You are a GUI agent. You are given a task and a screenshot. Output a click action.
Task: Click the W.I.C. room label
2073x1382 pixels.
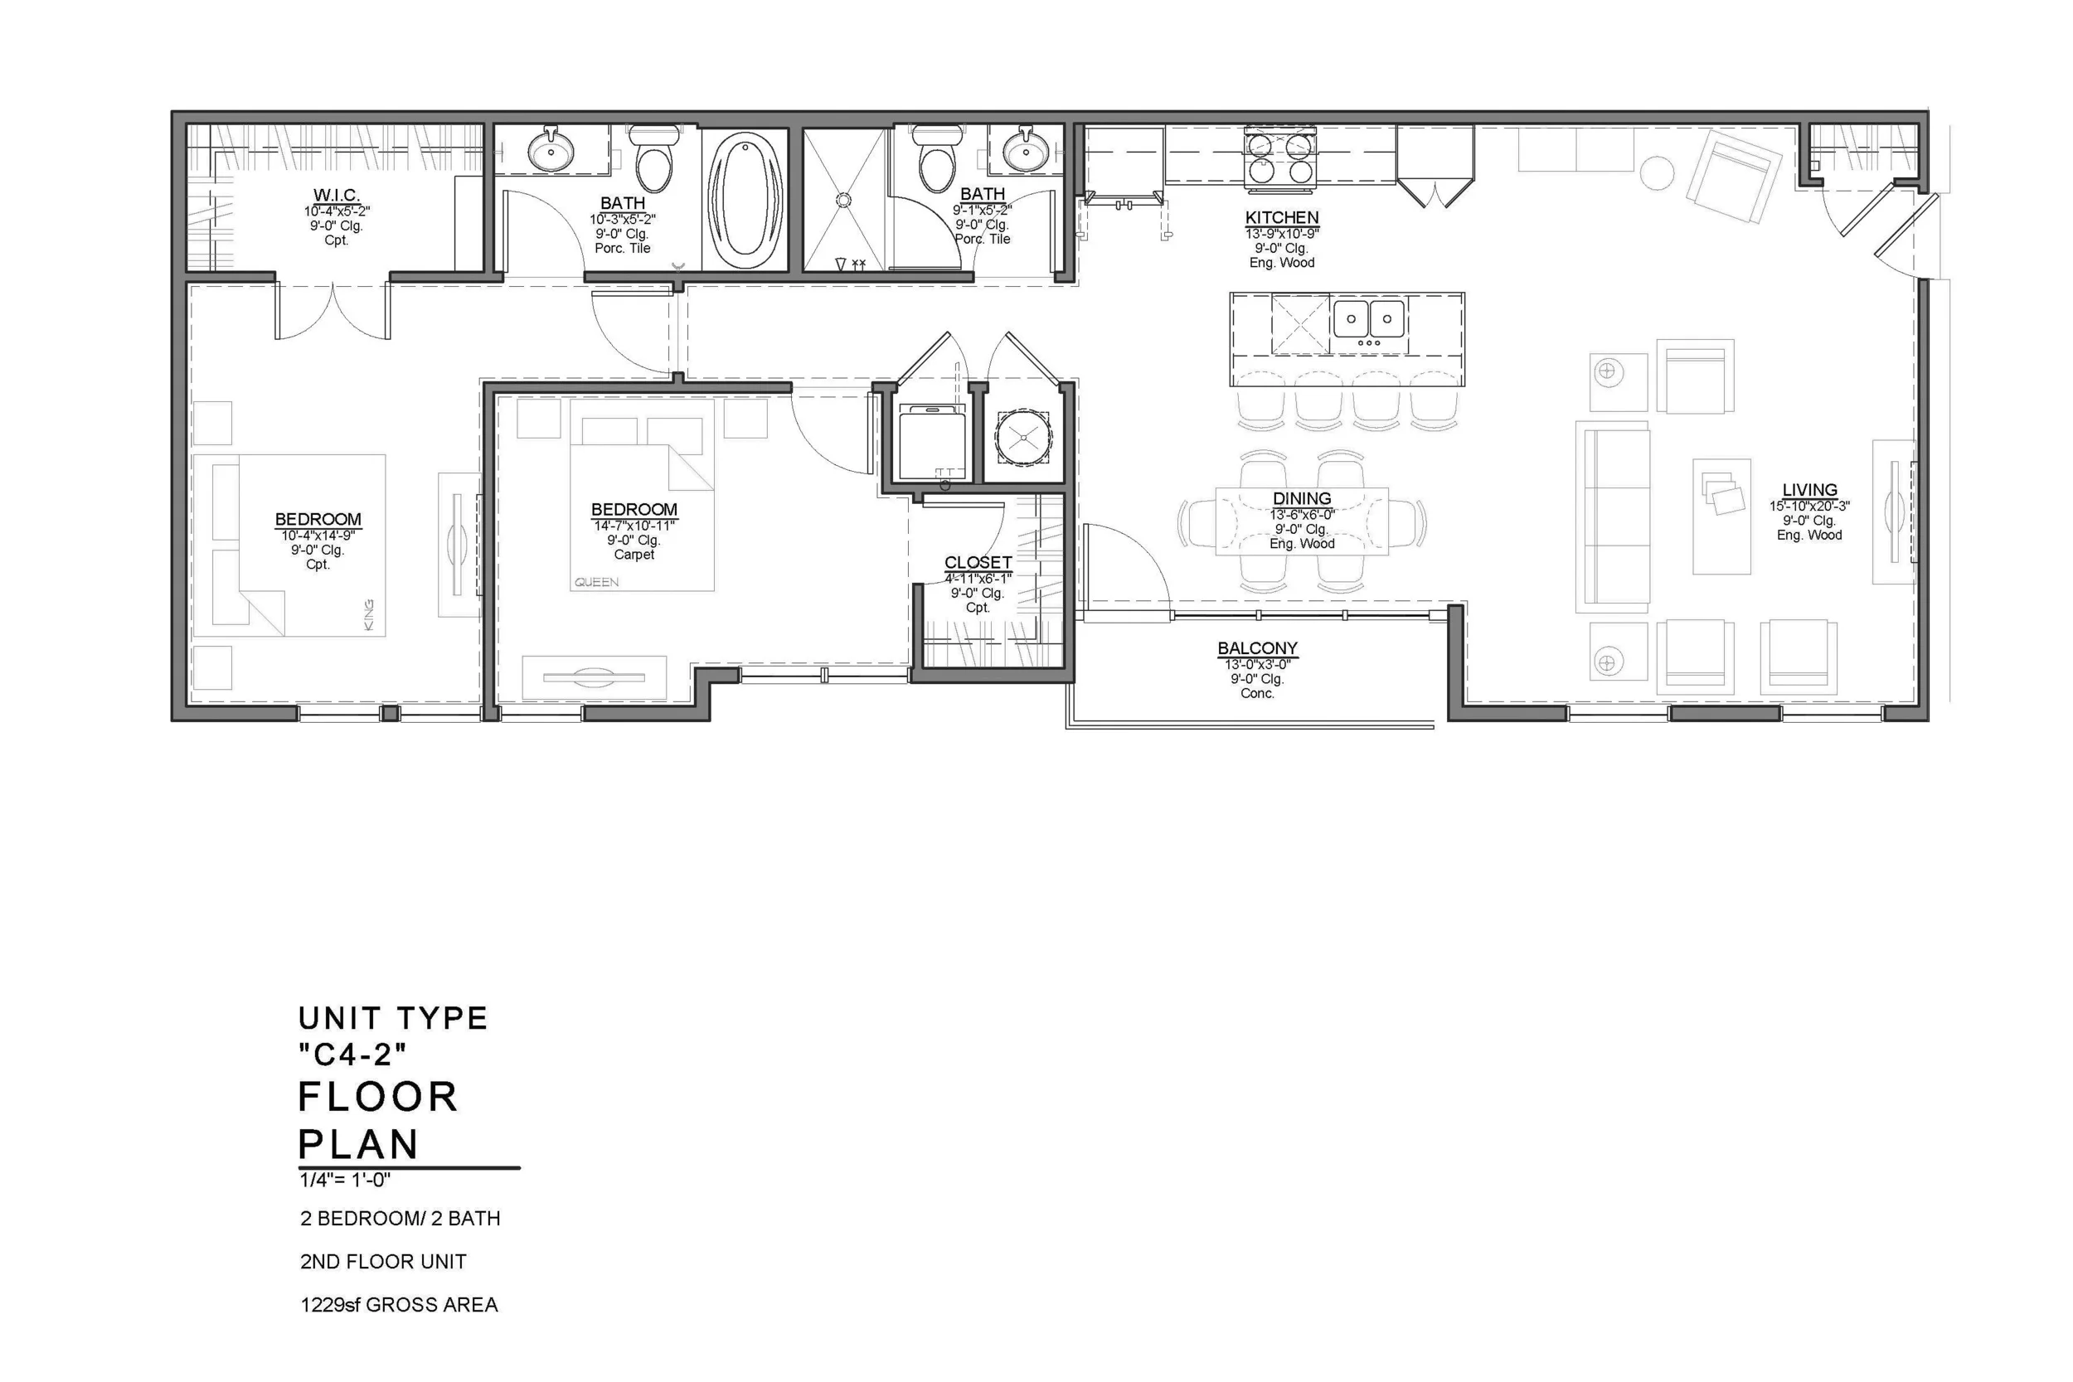click(x=336, y=196)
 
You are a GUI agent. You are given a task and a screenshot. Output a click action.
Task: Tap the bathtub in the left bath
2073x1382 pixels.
click(x=745, y=199)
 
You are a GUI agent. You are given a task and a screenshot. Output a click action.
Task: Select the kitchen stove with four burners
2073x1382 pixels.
click(x=1279, y=158)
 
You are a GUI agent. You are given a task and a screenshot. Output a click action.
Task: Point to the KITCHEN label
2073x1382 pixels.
click(x=1281, y=218)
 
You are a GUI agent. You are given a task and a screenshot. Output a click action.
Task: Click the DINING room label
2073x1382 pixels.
click(x=1302, y=499)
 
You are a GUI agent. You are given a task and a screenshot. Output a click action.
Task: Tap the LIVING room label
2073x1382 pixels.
click(x=1809, y=490)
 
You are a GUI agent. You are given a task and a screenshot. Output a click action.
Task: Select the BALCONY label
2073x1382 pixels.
click(x=1258, y=648)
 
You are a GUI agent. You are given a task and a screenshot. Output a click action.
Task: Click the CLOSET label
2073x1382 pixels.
click(x=978, y=562)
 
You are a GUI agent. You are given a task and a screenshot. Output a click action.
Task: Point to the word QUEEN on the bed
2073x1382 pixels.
click(x=597, y=583)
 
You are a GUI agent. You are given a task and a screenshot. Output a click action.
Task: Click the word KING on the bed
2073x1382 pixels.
click(x=368, y=615)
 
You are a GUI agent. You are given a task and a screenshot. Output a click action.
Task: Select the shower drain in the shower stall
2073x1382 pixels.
click(x=843, y=200)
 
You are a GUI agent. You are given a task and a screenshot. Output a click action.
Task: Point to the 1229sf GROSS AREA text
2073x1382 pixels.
click(x=400, y=1304)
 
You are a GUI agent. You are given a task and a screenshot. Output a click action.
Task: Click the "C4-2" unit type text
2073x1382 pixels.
click(x=352, y=1053)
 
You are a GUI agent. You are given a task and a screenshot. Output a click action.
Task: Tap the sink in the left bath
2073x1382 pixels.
click(x=551, y=150)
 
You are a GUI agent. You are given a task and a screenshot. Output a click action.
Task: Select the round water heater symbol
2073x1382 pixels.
click(x=1023, y=437)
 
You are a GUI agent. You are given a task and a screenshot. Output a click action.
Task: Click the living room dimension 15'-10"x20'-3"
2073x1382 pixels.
click(x=1809, y=507)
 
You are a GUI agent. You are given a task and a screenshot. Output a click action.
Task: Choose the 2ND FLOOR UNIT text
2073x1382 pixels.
click(x=383, y=1261)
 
